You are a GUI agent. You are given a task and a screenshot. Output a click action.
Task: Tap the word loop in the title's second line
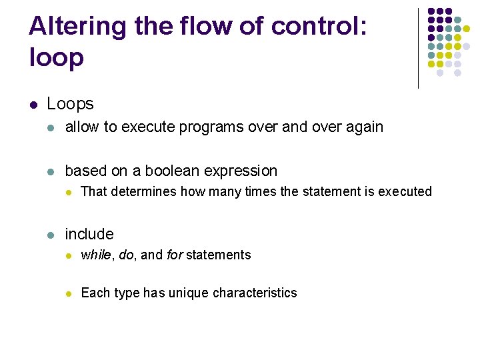pyautogui.click(x=57, y=59)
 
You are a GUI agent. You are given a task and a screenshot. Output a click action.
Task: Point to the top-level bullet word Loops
pyautogui.click(x=70, y=104)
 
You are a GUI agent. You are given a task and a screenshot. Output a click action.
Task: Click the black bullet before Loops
pyautogui.click(x=33, y=105)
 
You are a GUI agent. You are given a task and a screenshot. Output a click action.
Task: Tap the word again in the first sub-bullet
pyautogui.click(x=363, y=127)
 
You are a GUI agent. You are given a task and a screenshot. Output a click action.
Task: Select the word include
pyautogui.click(x=89, y=235)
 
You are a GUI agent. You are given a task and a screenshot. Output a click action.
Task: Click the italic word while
pyautogui.click(x=95, y=255)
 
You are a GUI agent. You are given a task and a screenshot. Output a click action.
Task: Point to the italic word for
pyautogui.click(x=174, y=255)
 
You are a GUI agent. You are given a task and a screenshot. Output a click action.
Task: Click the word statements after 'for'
pyautogui.click(x=218, y=255)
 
